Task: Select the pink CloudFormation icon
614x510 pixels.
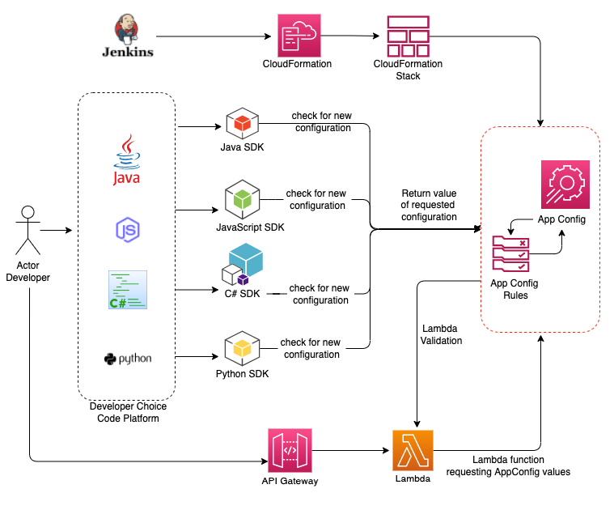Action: [297, 35]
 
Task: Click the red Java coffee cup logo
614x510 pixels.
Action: [126, 159]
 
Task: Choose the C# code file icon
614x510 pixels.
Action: [127, 290]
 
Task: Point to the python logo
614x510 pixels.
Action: [128, 359]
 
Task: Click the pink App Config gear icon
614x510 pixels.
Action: [565, 185]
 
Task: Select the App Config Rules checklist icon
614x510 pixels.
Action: [511, 253]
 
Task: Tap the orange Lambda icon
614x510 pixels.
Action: [413, 450]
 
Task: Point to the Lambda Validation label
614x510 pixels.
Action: [442, 334]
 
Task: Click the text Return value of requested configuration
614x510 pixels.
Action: [429, 206]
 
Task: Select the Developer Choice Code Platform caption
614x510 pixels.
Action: [128, 412]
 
